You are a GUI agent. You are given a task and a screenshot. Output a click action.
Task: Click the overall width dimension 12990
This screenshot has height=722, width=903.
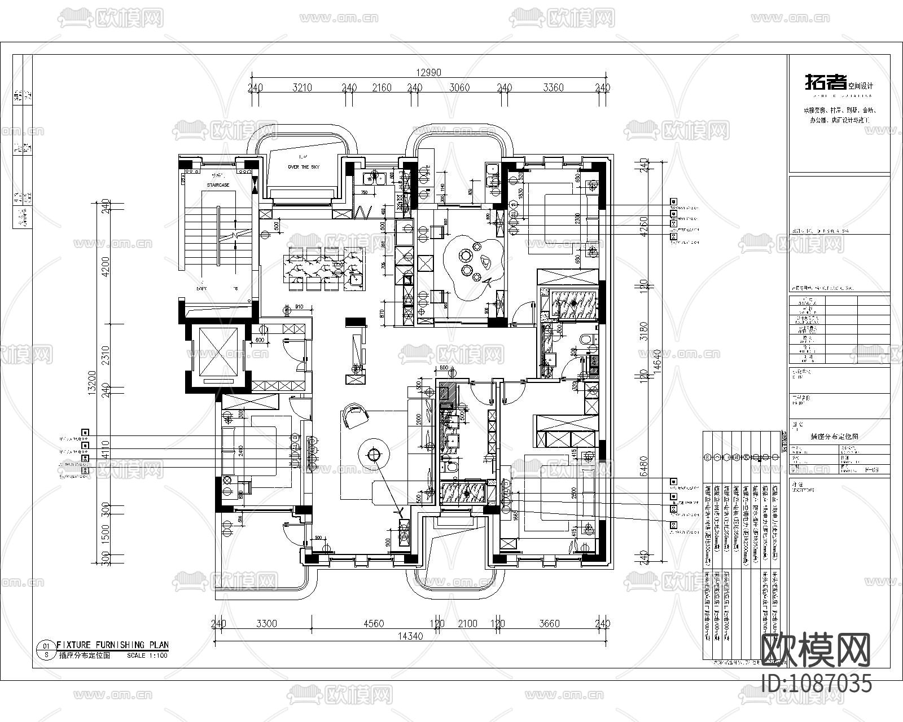(x=428, y=72)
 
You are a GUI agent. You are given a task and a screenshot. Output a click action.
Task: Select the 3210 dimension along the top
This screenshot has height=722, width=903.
(x=302, y=87)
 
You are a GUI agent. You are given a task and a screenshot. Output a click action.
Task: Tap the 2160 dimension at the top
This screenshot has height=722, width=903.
(x=382, y=87)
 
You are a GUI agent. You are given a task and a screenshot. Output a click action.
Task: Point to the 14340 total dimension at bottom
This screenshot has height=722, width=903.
(x=410, y=635)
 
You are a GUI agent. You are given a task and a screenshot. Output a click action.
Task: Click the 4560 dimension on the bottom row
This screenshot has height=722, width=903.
(x=373, y=623)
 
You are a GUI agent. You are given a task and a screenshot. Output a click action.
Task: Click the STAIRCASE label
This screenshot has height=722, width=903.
(x=218, y=185)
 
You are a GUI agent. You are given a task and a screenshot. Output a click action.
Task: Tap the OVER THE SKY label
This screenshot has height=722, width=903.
(x=303, y=168)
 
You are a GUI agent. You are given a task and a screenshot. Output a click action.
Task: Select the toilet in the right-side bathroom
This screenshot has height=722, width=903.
(x=587, y=340)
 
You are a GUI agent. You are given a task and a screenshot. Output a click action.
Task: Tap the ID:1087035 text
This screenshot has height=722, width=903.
(x=816, y=684)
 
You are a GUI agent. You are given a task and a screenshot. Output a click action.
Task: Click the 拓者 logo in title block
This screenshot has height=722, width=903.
(x=825, y=83)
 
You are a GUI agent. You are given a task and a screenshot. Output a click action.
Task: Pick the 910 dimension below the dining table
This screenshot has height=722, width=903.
(x=299, y=307)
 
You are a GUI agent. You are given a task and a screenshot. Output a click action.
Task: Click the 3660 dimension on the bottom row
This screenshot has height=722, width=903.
(x=549, y=623)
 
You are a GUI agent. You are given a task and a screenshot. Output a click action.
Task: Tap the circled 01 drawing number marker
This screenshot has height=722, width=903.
(x=46, y=645)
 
